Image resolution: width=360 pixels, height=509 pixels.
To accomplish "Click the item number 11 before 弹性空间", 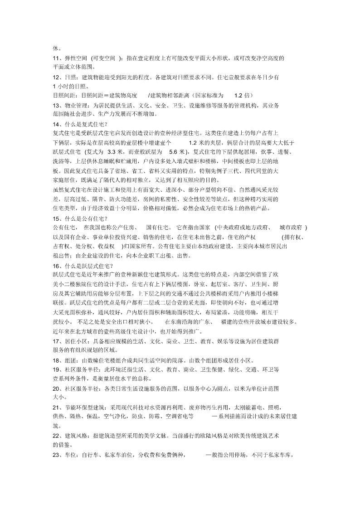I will (x=56, y=58).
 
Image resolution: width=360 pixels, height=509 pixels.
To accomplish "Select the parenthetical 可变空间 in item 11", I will (x=106, y=58).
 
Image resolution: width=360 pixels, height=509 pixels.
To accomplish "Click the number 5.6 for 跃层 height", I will (x=174, y=152).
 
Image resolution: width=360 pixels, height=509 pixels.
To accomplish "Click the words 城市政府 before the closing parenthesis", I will (x=291, y=227).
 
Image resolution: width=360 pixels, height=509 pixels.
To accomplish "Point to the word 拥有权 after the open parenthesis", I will (x=291, y=237).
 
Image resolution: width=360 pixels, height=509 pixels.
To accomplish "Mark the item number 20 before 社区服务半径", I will (x=56, y=388).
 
